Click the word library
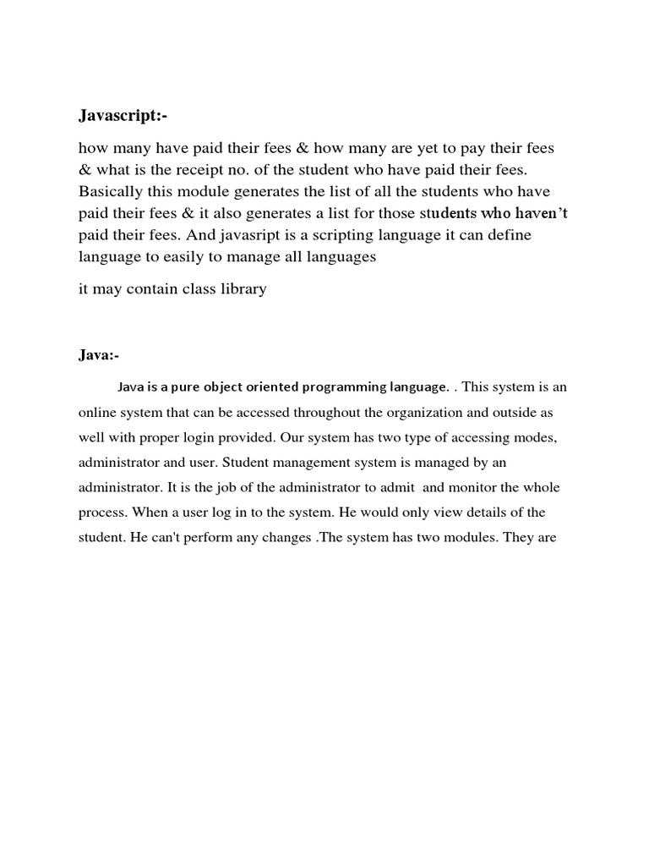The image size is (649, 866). pyautogui.click(x=242, y=289)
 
